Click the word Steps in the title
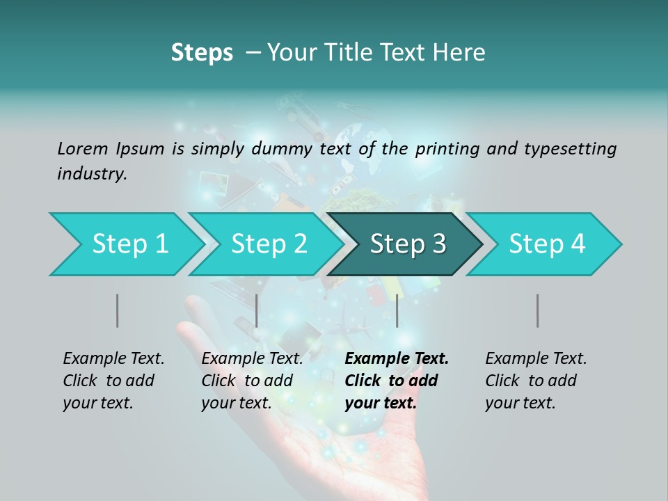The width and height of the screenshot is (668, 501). coord(202,53)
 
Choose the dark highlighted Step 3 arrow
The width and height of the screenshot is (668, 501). coord(408,244)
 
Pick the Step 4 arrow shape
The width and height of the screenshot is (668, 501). coord(547,244)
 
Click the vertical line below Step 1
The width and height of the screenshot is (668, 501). coord(118,310)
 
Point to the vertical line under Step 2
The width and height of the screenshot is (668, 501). coord(257,310)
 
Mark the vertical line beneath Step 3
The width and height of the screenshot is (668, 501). coord(397,310)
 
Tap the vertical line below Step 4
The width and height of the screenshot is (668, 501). coord(538,310)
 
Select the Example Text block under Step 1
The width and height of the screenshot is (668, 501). coord(113,381)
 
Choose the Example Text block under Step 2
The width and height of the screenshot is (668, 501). coord(252,381)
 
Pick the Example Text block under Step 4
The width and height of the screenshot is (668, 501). coord(536,381)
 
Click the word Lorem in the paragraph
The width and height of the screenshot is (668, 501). coord(83,148)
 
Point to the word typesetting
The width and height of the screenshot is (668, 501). coord(569,148)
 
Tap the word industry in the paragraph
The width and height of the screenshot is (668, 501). coord(92,174)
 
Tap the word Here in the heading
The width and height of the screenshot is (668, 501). coord(459,53)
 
